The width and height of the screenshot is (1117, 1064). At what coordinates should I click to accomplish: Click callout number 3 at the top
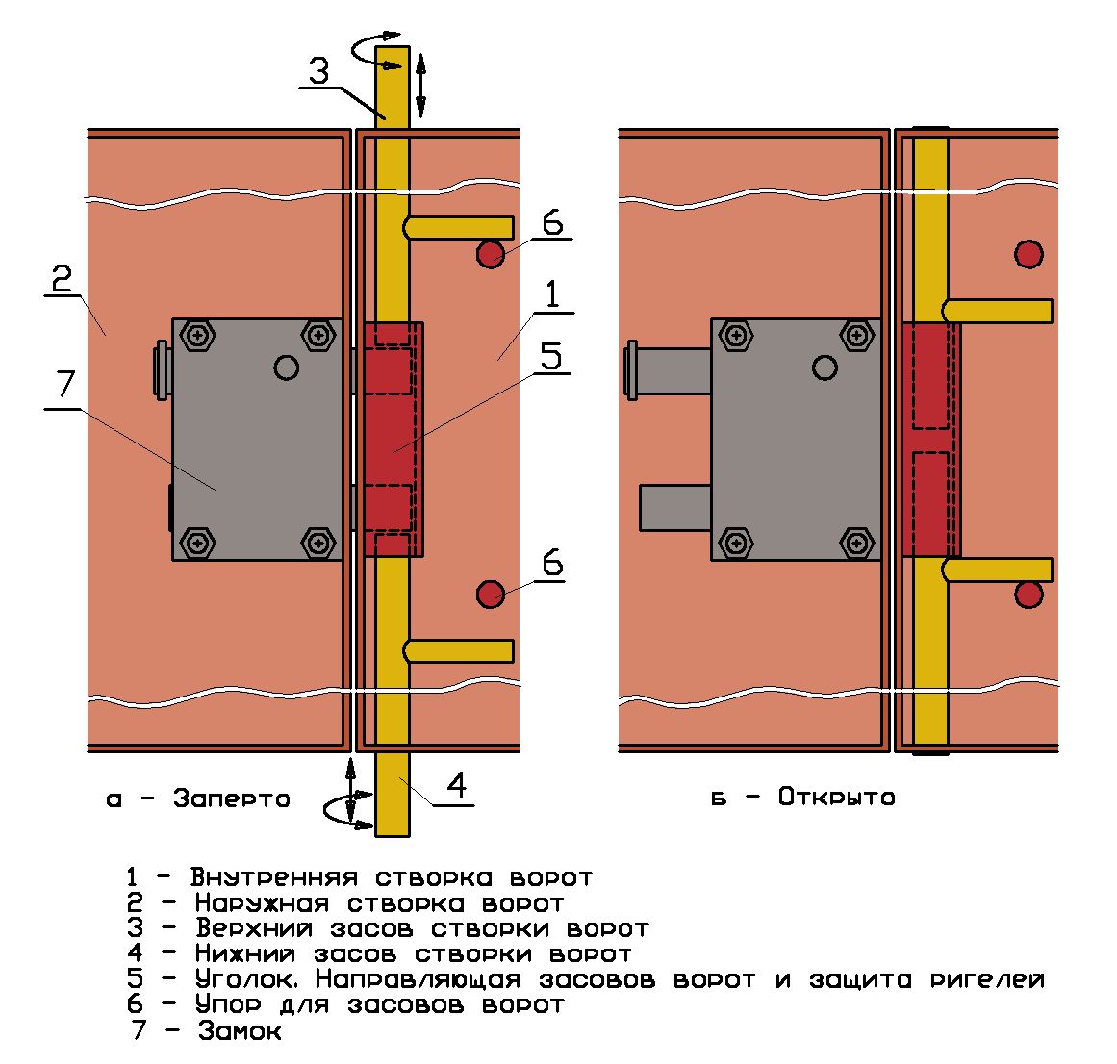[319, 70]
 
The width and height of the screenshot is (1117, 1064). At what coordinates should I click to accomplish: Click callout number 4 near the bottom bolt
[457, 786]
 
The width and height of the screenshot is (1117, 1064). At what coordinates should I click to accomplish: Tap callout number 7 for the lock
[64, 386]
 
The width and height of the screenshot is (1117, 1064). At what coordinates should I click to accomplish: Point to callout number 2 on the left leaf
[62, 279]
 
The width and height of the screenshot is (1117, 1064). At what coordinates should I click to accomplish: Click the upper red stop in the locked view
[491, 254]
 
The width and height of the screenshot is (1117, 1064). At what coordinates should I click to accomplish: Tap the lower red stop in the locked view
[491, 594]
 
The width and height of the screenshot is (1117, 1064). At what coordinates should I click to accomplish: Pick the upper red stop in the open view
[1029, 254]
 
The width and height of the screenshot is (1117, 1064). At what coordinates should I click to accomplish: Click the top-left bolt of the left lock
[199, 336]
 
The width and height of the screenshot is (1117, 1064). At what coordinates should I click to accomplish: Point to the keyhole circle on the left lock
[286, 367]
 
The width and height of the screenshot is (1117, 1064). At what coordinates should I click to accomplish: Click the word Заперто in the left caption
[232, 798]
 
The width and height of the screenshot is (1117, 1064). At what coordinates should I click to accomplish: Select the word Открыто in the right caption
[836, 798]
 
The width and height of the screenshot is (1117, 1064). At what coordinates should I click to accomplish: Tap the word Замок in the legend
[241, 1031]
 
